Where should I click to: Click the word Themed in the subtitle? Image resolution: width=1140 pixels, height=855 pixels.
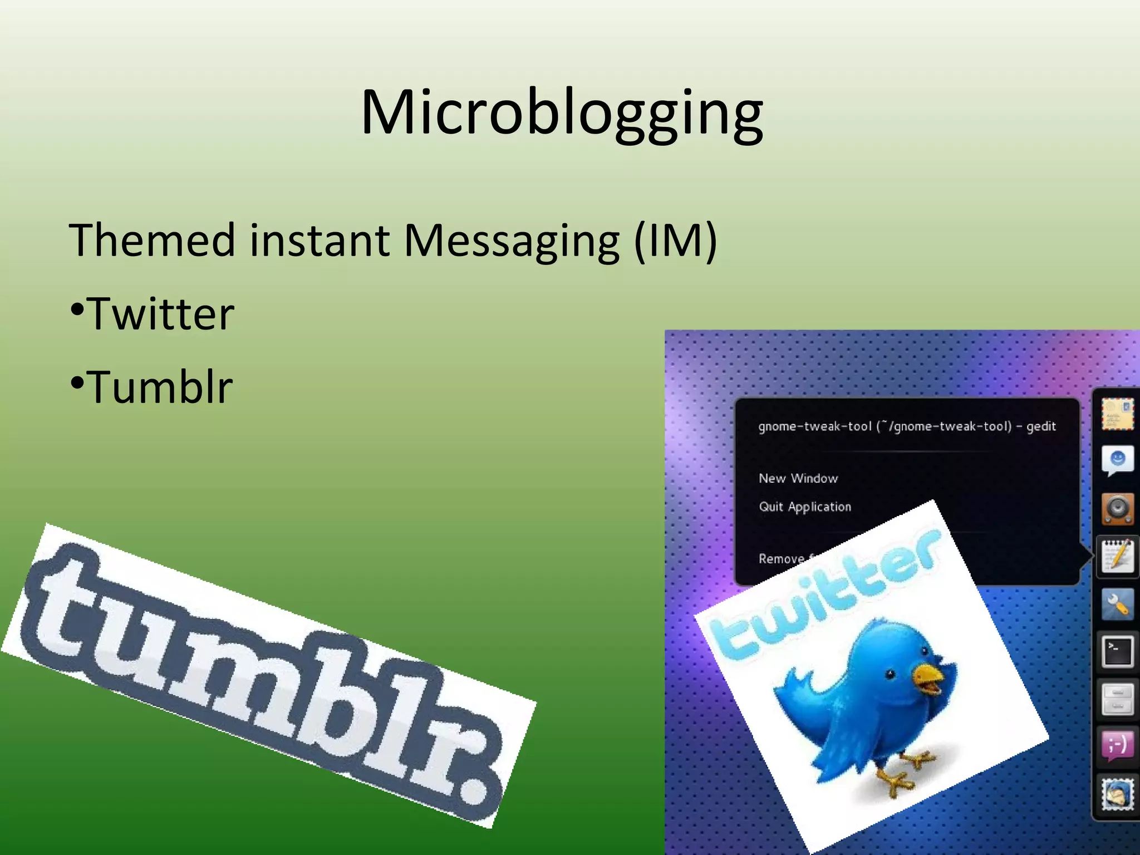(x=151, y=240)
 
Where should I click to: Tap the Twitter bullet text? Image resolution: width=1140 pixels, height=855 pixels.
(x=160, y=315)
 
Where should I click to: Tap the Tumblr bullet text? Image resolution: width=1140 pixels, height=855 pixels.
(x=160, y=387)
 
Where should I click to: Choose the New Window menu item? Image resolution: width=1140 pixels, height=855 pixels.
(x=798, y=479)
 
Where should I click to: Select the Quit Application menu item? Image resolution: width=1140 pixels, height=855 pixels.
(x=805, y=507)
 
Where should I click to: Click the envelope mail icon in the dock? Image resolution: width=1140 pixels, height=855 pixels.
(x=1117, y=414)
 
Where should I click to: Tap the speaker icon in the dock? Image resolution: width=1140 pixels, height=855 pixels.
(x=1117, y=508)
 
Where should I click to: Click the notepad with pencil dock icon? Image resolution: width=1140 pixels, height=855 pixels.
(x=1117, y=556)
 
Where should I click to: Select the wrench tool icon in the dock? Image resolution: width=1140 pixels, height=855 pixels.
(x=1117, y=604)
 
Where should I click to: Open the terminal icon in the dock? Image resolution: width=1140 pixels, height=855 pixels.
(x=1117, y=651)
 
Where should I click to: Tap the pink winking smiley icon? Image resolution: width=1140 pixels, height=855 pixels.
(x=1117, y=745)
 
